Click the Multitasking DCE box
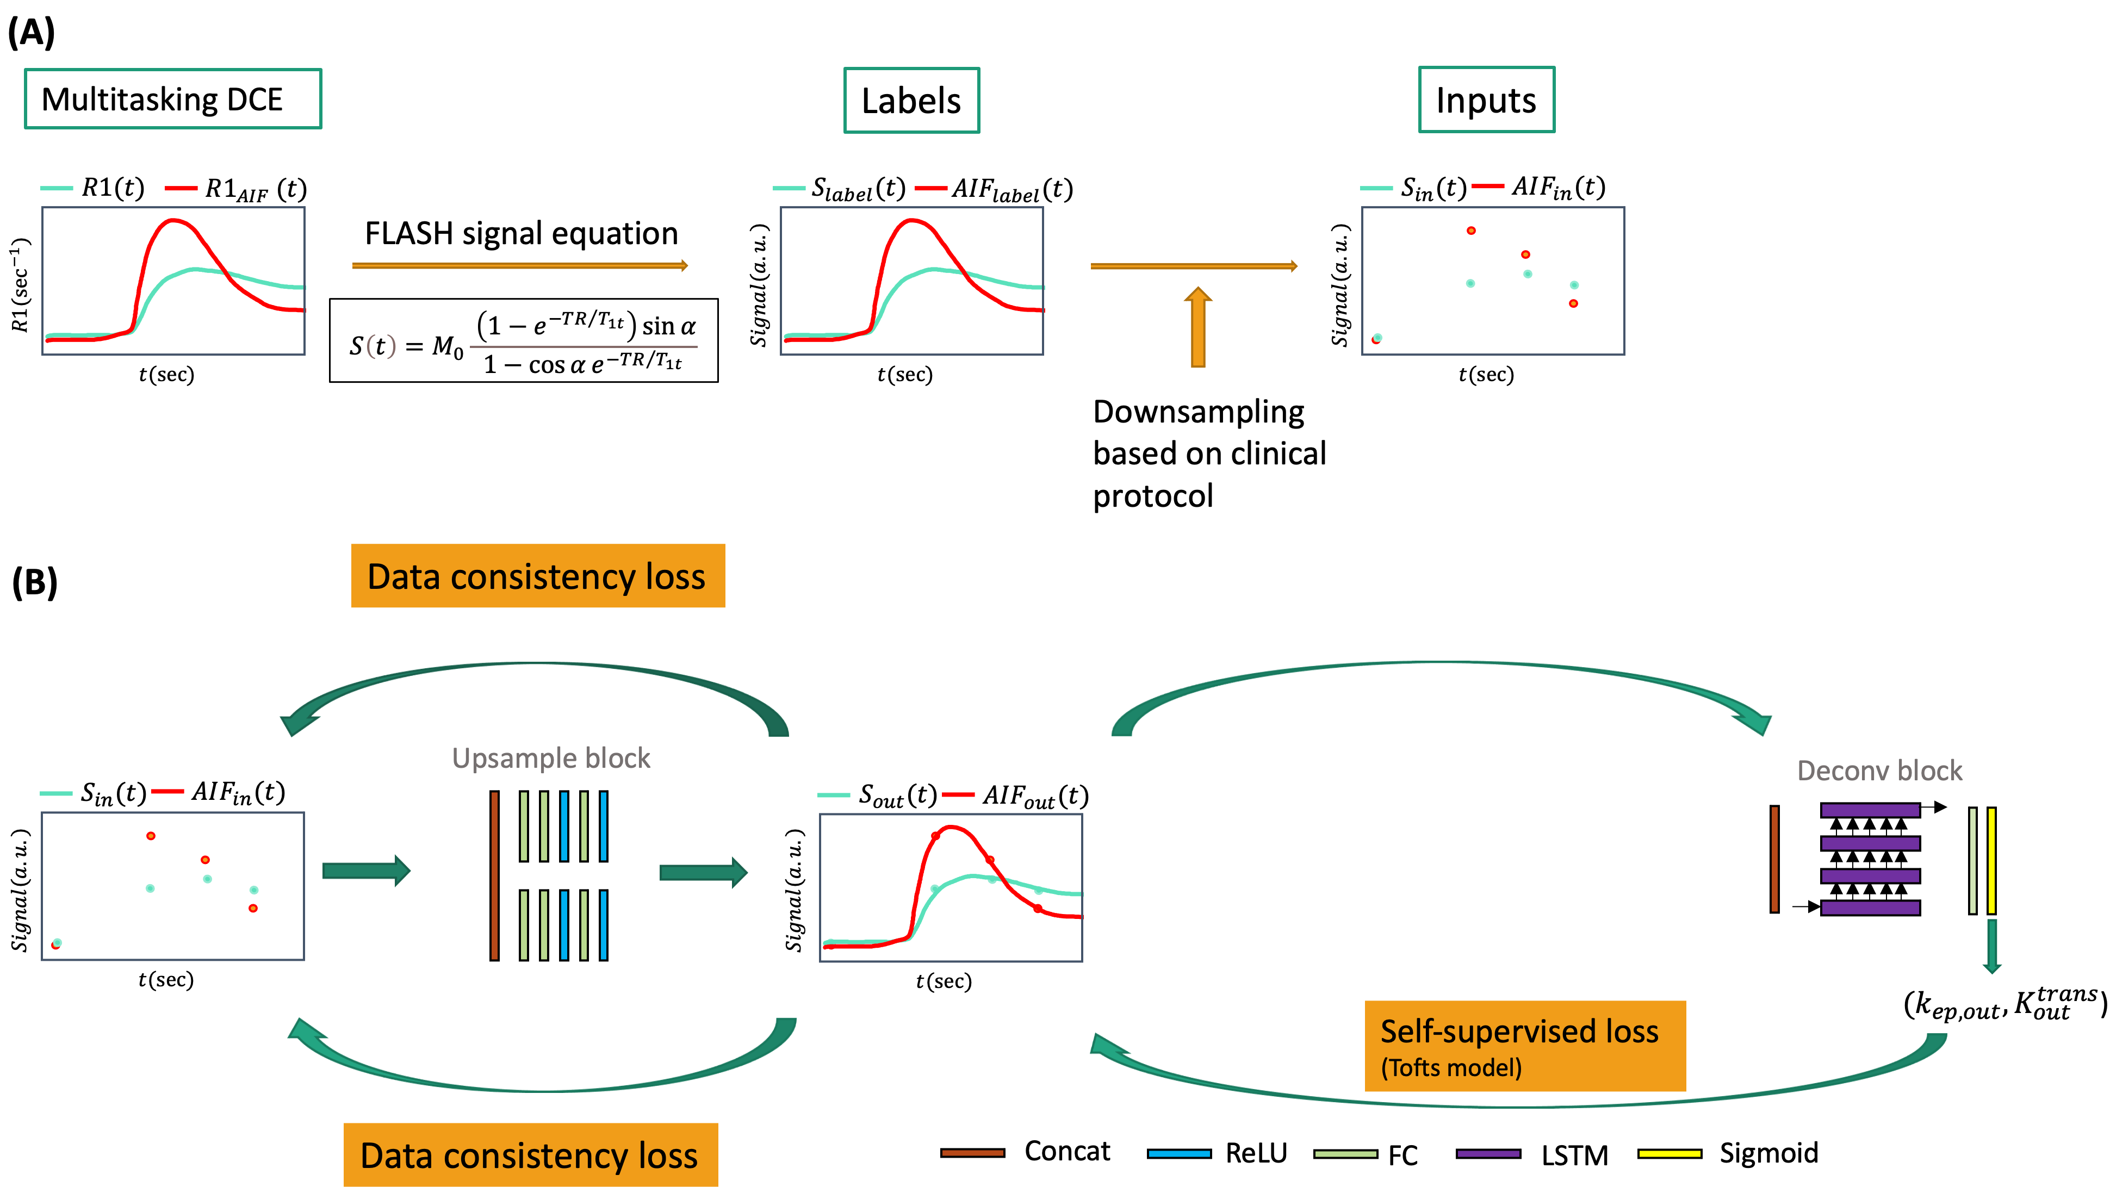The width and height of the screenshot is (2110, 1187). point(173,99)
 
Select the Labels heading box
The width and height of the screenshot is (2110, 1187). point(911,101)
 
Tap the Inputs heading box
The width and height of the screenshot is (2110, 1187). point(1486,100)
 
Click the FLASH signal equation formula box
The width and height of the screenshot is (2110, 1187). point(523,341)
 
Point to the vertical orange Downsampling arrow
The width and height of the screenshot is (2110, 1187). point(1197,328)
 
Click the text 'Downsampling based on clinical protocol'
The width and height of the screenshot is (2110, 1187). point(1208,454)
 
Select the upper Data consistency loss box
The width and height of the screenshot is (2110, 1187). point(537,576)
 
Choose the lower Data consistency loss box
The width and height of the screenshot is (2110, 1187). point(530,1155)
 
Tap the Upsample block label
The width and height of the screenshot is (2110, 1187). point(551,759)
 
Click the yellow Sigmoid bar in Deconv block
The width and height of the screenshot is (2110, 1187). point(1991,860)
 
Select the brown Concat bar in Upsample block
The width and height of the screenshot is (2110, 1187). point(494,875)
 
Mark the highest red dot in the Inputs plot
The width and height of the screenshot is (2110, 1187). point(1471,231)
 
